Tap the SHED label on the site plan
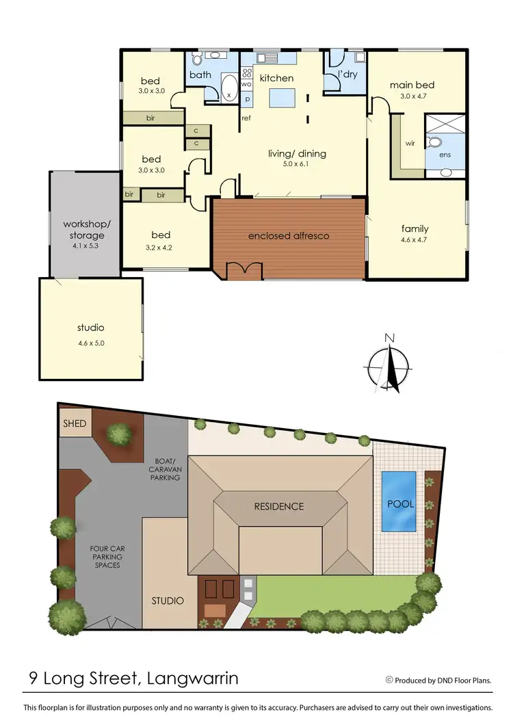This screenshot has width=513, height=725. point(75,423)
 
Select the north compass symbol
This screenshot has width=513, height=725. point(389,362)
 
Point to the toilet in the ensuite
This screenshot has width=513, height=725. point(435,143)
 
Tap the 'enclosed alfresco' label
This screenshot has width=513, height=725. point(289,236)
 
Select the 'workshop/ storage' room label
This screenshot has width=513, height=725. point(83,230)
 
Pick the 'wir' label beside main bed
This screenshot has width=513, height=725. point(410,144)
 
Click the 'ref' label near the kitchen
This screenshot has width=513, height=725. point(246,118)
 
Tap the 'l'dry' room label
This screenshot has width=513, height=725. point(347,75)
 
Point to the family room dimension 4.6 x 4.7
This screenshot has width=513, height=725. point(415,241)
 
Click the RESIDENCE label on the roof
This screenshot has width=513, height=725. point(279,507)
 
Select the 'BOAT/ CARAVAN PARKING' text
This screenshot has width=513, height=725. point(164,469)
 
